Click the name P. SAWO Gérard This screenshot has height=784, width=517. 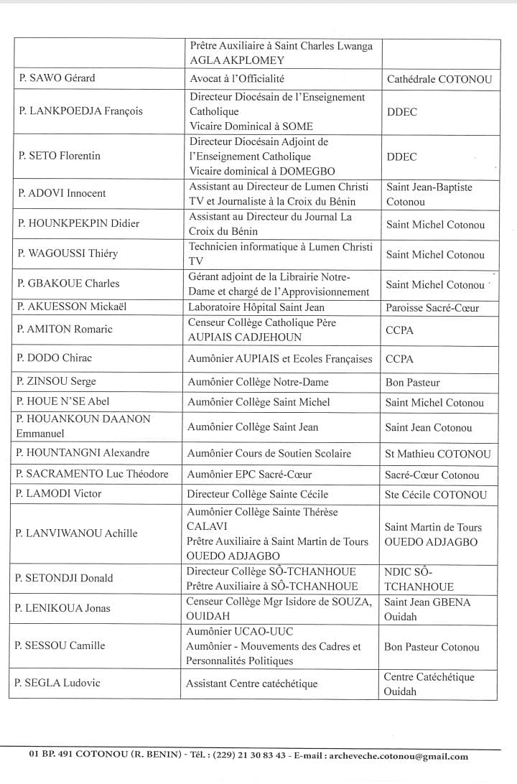(57, 78)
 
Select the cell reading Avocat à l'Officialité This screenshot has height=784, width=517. (242, 78)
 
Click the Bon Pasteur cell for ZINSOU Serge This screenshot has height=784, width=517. (413, 383)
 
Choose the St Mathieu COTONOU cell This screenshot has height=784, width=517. (438, 454)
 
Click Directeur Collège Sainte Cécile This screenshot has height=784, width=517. (258, 494)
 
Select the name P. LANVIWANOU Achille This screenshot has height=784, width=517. (76, 533)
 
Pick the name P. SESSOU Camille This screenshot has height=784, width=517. (61, 645)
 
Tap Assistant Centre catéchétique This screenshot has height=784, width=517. (251, 683)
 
